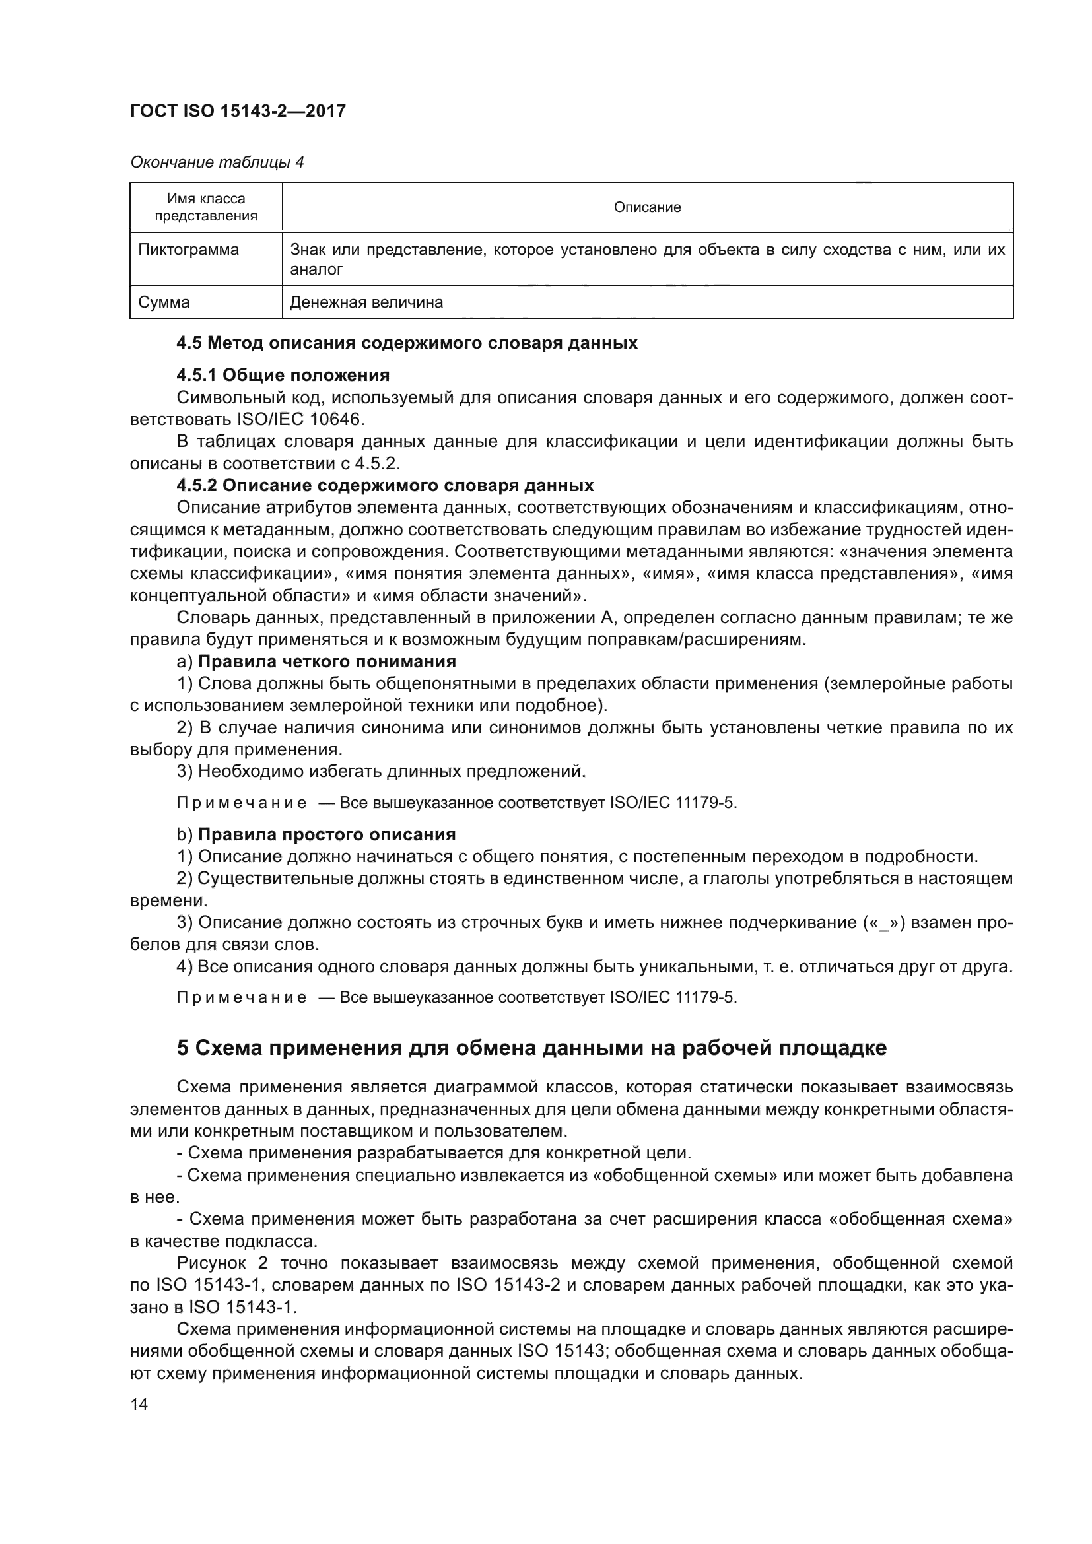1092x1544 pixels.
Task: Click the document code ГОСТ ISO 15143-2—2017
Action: tap(238, 111)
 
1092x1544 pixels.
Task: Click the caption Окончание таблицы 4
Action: tap(217, 162)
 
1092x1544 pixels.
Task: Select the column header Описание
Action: tap(647, 207)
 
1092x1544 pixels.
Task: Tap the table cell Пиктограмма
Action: tap(188, 250)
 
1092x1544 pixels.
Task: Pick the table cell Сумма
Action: tap(164, 302)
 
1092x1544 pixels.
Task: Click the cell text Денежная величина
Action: tap(366, 302)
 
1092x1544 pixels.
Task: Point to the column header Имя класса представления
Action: tap(206, 207)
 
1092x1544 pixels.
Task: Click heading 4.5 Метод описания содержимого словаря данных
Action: tap(407, 343)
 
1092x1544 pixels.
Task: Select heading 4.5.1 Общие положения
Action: tap(283, 374)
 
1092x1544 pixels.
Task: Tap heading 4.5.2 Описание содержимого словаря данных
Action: tap(386, 485)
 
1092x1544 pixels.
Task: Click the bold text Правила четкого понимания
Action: tap(327, 661)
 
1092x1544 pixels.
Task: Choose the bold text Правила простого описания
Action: tap(327, 834)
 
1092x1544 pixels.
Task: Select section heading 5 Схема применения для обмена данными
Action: tap(531, 1048)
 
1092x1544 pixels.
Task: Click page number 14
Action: tap(139, 1404)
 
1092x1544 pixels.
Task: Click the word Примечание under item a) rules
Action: tap(242, 803)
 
